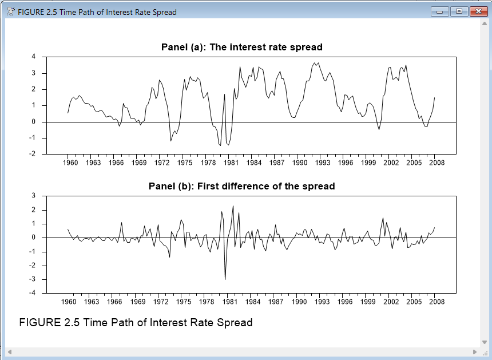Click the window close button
476,11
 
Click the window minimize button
440,11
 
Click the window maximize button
458,11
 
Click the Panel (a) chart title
242,47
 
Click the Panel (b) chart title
241,186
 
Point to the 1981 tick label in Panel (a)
231,163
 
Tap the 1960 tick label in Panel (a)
68,163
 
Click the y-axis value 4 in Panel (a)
34,57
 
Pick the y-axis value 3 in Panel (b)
34,196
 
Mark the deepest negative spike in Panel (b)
225,279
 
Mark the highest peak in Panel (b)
233,206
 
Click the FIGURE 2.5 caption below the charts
136,322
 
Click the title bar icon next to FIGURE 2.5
11,11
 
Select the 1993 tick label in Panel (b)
322,302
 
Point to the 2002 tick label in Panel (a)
391,163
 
